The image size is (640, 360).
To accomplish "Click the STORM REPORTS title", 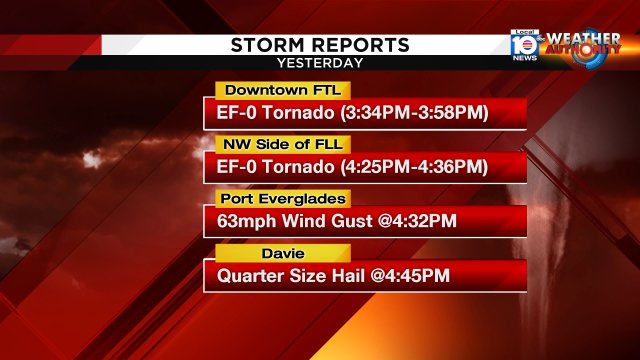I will click(x=320, y=45).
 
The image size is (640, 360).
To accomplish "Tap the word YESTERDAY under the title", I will click(x=320, y=62).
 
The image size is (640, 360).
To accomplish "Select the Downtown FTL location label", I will click(x=268, y=89).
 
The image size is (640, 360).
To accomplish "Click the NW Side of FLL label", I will click(x=268, y=143).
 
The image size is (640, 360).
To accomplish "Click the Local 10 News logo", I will click(x=524, y=44).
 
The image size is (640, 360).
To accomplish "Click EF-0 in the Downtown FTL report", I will click(x=237, y=113).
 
